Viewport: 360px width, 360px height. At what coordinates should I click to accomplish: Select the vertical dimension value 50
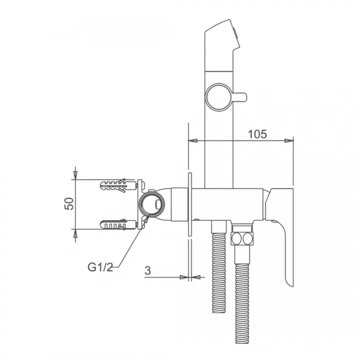pos(70,203)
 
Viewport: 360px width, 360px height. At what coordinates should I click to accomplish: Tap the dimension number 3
pos(147,270)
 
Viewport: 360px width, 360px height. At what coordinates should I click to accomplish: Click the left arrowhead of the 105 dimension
pos(192,141)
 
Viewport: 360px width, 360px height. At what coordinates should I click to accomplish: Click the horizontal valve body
pos(228,204)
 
